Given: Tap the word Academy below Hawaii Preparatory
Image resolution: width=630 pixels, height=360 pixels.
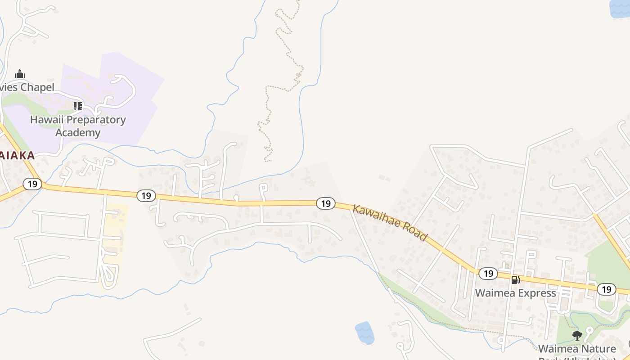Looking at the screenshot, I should (78, 133).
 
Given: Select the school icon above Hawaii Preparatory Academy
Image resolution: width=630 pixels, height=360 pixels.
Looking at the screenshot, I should (78, 106).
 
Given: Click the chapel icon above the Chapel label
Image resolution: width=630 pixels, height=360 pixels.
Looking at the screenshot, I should (20, 74).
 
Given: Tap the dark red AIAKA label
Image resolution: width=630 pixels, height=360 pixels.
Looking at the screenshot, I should (17, 156).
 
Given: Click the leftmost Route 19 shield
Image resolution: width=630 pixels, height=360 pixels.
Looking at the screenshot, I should (32, 184).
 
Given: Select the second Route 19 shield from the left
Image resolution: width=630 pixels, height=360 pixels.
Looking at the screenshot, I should (146, 195).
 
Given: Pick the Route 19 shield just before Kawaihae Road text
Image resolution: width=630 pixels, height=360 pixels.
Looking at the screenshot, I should (325, 203).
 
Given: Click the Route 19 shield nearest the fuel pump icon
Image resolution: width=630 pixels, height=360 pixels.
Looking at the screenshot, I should (488, 273).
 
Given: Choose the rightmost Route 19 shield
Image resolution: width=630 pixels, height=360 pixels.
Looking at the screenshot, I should (607, 289).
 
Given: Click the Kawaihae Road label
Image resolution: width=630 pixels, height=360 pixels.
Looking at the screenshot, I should (390, 223).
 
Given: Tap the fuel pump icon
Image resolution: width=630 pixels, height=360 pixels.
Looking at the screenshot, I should (515, 280).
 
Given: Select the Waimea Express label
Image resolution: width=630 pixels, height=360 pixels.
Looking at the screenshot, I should (516, 293).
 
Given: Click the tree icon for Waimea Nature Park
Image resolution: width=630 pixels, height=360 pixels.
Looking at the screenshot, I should (577, 335).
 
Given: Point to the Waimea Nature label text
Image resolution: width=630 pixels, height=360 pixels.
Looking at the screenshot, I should (577, 349).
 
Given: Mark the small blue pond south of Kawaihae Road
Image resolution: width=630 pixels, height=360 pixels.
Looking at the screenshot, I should (364, 333).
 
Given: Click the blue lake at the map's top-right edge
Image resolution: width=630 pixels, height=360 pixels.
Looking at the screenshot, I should (620, 8).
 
